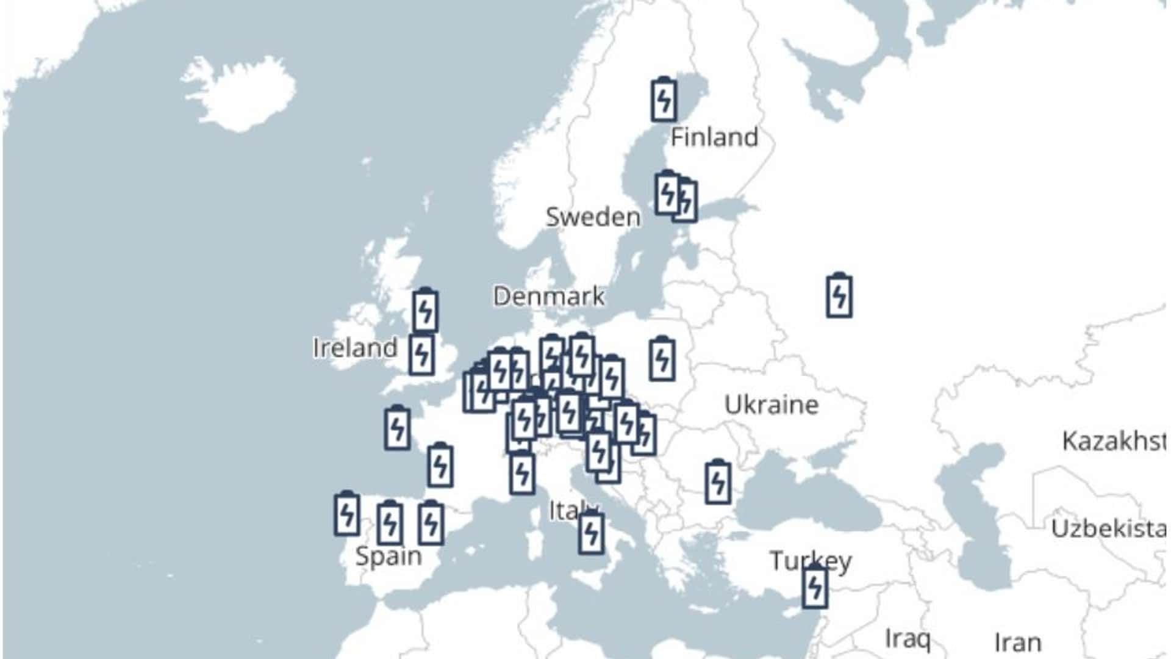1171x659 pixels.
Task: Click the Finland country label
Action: (x=714, y=137)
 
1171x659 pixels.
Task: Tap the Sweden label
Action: (x=593, y=217)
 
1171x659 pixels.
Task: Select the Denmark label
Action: (x=549, y=297)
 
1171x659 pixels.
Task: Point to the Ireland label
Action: (x=355, y=348)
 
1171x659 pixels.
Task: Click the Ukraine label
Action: (x=772, y=405)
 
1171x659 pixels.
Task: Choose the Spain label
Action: (x=389, y=556)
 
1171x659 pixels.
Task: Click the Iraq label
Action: (x=908, y=638)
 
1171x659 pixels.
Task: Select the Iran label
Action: (x=1018, y=643)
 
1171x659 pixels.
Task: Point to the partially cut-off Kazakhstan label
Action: (x=1114, y=441)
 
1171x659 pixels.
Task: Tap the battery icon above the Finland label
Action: (x=664, y=99)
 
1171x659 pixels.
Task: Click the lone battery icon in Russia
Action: (x=839, y=296)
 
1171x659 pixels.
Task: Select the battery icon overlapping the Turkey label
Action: (x=815, y=588)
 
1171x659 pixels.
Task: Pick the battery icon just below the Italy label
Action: (x=591, y=533)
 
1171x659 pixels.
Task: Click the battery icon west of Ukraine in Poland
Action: (x=662, y=359)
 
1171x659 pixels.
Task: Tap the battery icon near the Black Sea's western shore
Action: (x=718, y=482)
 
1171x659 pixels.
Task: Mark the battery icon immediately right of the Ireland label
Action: (x=421, y=355)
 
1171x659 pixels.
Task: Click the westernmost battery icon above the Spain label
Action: (x=346, y=514)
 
